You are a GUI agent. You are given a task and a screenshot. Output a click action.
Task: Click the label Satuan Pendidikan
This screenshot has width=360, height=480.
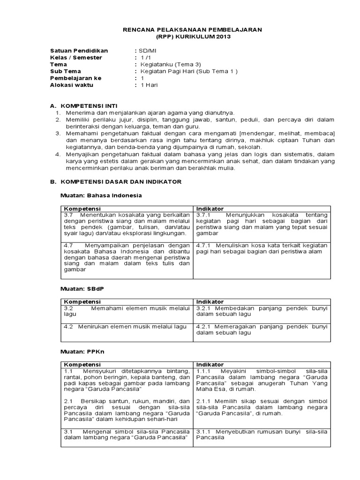(x=79, y=51)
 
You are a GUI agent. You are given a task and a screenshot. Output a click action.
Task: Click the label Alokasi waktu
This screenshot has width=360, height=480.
(x=72, y=85)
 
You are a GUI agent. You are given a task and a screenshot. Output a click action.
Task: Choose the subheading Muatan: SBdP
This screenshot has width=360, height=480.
(x=82, y=288)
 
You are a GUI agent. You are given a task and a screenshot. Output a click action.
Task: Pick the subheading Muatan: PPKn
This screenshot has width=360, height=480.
(x=82, y=351)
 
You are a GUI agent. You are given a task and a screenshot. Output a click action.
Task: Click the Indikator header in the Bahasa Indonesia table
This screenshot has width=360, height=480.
(x=210, y=209)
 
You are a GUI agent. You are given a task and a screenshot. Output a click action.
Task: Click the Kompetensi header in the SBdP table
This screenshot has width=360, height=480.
(x=82, y=302)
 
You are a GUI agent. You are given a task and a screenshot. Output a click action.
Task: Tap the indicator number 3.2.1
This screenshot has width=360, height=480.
(x=205, y=308)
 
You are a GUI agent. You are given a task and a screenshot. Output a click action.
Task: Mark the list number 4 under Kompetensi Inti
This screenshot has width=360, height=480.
(x=58, y=153)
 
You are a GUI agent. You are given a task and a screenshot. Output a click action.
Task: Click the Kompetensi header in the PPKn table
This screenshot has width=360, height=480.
(x=82, y=364)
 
